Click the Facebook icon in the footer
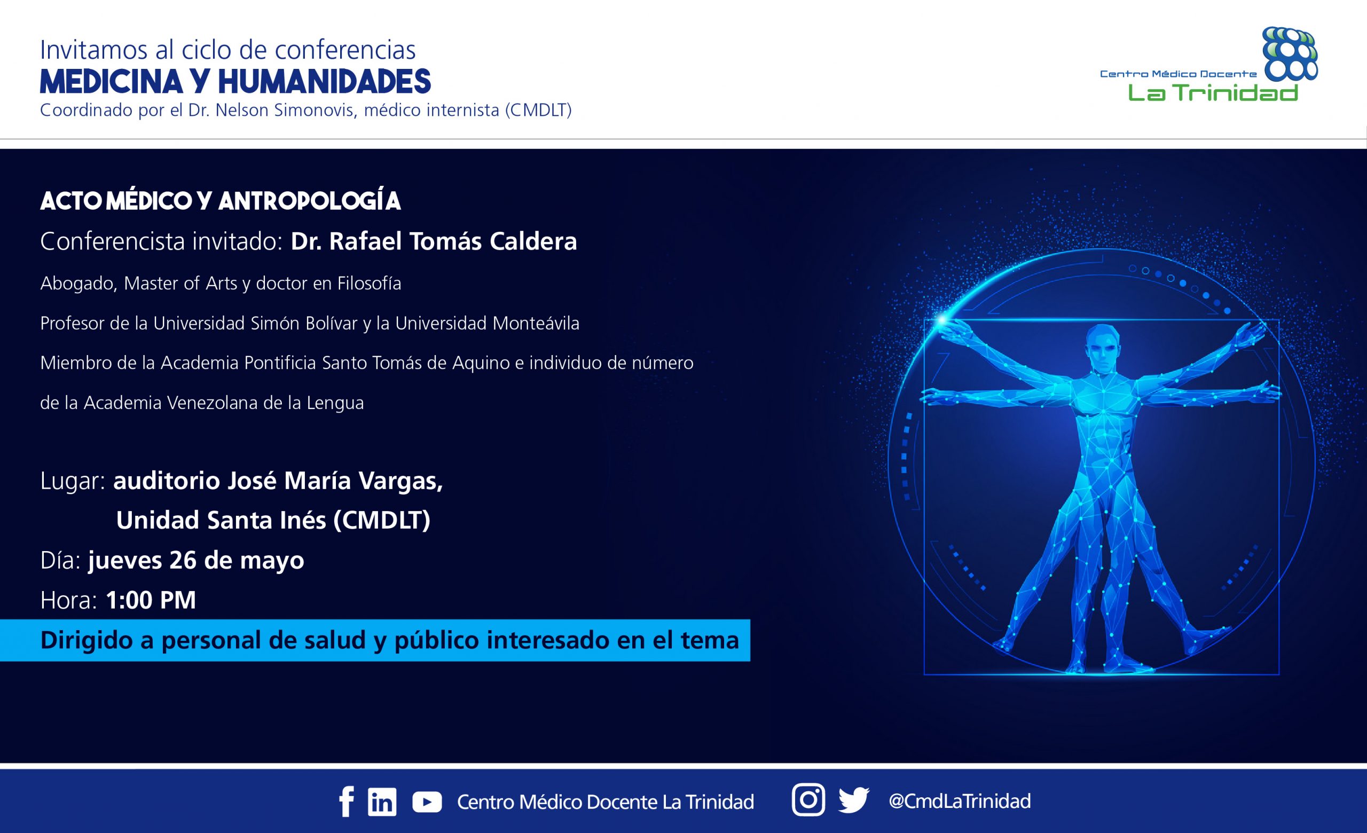347,802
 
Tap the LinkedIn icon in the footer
382,802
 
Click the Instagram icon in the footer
808,800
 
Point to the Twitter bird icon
854,801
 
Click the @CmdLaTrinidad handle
960,801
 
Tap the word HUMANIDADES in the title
325,82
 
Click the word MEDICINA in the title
112,82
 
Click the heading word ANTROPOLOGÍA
310,201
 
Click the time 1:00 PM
151,600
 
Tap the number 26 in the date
183,560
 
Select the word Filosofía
369,284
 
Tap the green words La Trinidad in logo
1213,92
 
